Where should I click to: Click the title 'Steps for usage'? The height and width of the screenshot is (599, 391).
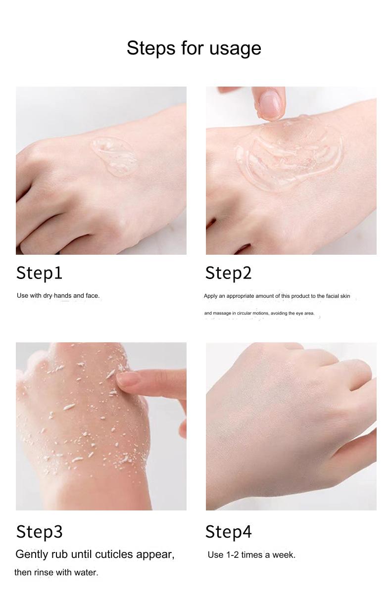click(x=194, y=48)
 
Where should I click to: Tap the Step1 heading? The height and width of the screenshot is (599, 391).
click(x=39, y=273)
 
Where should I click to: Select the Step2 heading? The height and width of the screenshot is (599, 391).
click(x=228, y=273)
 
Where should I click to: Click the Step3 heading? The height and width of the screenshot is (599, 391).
click(x=39, y=532)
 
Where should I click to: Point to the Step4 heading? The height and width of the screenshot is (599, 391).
click(x=228, y=532)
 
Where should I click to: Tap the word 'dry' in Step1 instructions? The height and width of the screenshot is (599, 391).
click(x=48, y=296)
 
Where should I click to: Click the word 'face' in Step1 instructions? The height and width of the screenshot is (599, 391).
click(x=92, y=296)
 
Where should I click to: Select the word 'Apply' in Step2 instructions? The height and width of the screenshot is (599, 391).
click(x=211, y=296)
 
